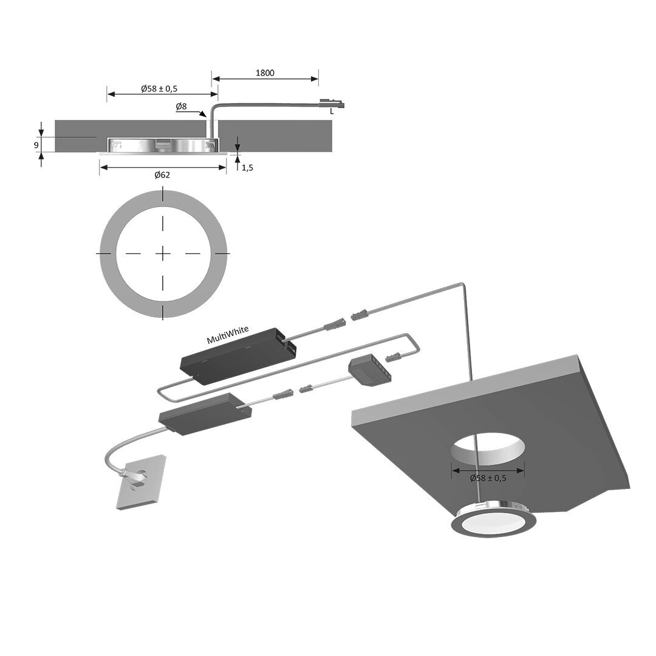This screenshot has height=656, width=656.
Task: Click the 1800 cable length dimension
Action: coord(265,73)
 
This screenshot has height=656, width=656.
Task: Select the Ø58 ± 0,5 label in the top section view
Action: coord(159,89)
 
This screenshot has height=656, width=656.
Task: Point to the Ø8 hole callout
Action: coord(181,107)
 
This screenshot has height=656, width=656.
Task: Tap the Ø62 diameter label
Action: coord(162,175)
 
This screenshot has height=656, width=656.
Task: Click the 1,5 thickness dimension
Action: coord(247,168)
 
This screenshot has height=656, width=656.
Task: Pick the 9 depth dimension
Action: coord(36,145)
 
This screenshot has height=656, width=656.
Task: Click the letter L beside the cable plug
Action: coord(332,112)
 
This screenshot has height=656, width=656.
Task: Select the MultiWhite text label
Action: coord(228,335)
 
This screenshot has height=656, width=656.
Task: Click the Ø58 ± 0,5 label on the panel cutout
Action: coord(488,478)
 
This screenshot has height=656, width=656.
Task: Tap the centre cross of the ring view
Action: coord(163,253)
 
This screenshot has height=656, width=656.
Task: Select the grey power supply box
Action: coord(206,414)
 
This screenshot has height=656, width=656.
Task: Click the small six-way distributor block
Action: coord(370,368)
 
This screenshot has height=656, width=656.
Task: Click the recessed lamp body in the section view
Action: coord(163,145)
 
